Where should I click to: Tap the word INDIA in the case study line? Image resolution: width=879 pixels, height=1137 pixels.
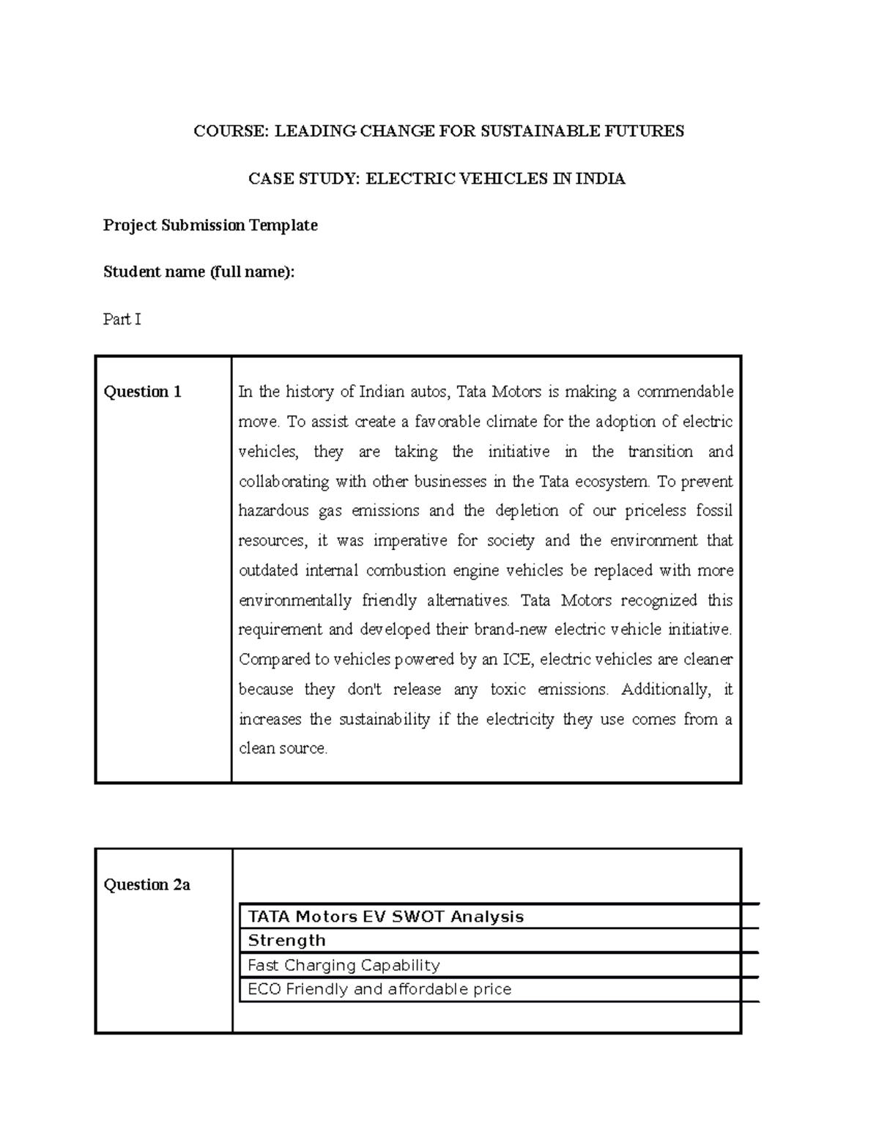pos(601,179)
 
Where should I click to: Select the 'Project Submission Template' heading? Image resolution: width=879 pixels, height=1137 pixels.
pos(210,225)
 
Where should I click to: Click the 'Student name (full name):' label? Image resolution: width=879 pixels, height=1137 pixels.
pos(199,272)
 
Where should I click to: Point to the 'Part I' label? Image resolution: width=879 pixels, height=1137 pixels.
pos(122,319)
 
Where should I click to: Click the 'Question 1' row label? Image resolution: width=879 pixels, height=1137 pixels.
pos(142,392)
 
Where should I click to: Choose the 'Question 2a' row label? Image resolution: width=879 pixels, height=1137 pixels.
pos(146,884)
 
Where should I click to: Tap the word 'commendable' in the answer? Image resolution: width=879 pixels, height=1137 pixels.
pos(685,392)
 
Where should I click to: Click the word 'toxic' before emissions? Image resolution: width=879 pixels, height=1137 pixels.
pos(508,690)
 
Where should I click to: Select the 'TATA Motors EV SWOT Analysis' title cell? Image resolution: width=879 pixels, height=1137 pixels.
pos(386,917)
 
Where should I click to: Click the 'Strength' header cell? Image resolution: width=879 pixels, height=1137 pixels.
pos(286,941)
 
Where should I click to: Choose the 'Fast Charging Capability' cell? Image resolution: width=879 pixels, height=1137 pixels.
pos(344,965)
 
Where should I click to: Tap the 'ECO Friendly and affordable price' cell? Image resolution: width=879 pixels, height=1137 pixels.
pos(379,989)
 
